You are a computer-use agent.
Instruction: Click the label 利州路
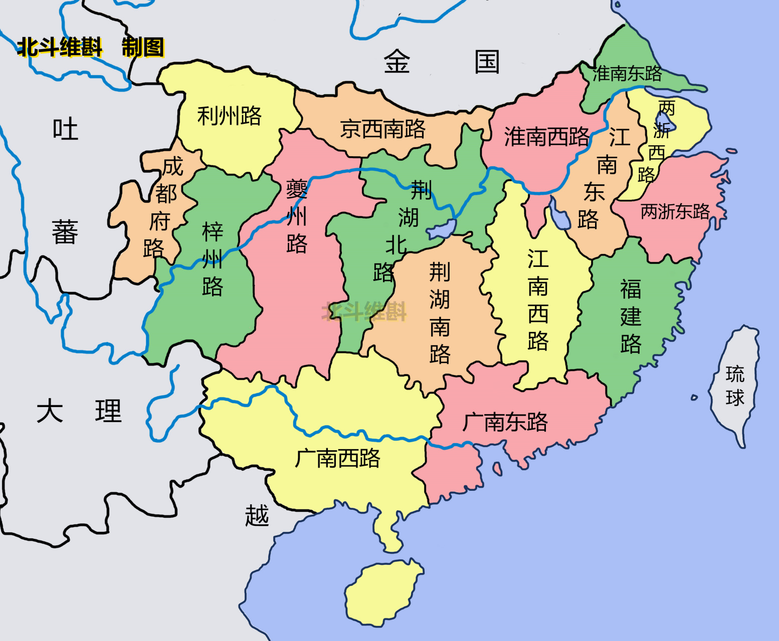[229, 116]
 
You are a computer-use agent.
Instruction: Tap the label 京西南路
[382, 129]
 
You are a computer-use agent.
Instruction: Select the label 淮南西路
[546, 136]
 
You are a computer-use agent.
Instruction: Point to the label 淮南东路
[627, 74]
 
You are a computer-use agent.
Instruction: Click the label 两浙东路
[675, 212]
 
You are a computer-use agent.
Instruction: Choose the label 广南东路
[505, 422]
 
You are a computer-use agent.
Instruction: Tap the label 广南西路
[337, 458]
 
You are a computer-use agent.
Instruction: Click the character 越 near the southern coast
[257, 516]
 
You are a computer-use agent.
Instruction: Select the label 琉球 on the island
[735, 386]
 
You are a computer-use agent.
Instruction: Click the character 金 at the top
[397, 62]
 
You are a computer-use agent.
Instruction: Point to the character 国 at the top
[487, 62]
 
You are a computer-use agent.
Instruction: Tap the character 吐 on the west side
[66, 129]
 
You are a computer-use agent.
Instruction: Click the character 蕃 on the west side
[65, 232]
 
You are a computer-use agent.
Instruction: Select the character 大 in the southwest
[50, 411]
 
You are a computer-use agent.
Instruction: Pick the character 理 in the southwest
[108, 411]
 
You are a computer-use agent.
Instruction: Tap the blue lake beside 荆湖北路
[441, 230]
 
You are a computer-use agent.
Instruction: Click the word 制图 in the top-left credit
[143, 48]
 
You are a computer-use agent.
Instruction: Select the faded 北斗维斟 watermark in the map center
[364, 311]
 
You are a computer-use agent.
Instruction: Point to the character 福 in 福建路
[631, 289]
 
